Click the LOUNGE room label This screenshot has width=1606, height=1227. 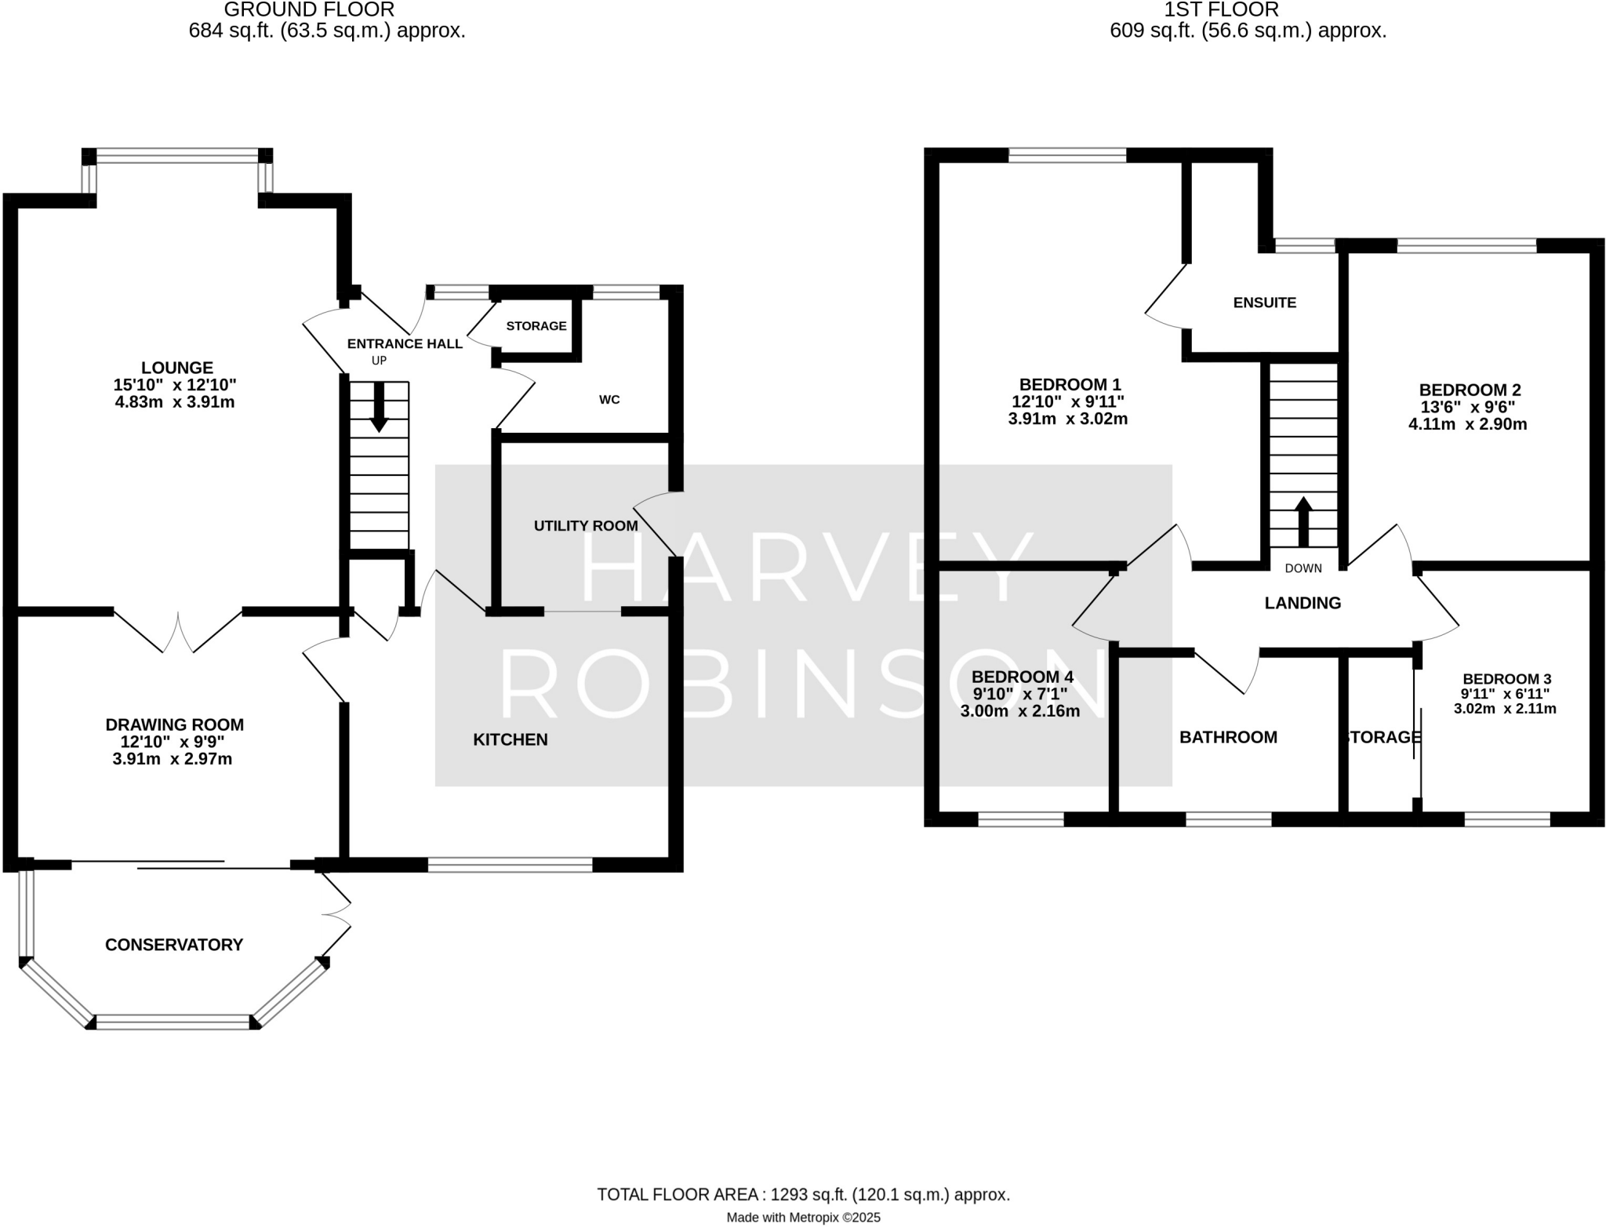[x=177, y=368]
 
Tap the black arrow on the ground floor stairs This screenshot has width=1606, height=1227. [x=379, y=408]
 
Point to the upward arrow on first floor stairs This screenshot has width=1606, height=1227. [x=1303, y=521]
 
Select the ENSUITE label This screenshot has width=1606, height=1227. [x=1264, y=303]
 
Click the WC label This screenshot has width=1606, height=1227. [x=609, y=400]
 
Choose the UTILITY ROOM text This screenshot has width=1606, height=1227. [x=586, y=526]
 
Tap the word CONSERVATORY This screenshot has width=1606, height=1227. [x=174, y=945]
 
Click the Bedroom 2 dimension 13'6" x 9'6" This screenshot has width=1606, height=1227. [x=1470, y=408]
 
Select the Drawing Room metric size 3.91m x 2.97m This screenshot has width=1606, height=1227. [x=173, y=759]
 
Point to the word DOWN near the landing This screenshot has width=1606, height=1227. [x=1303, y=568]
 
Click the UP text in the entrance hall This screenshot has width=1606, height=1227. [x=380, y=361]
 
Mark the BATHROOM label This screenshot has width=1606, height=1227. [x=1228, y=737]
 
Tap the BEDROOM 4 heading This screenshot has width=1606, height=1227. [x=1022, y=677]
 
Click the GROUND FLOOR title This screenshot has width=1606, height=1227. [x=309, y=10]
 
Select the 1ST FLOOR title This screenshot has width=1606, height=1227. [x=1248, y=10]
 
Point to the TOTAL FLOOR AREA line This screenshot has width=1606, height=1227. [x=803, y=1194]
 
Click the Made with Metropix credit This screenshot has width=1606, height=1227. [x=803, y=1218]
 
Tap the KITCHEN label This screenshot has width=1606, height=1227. [x=511, y=739]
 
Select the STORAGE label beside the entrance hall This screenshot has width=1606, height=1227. [x=536, y=326]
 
